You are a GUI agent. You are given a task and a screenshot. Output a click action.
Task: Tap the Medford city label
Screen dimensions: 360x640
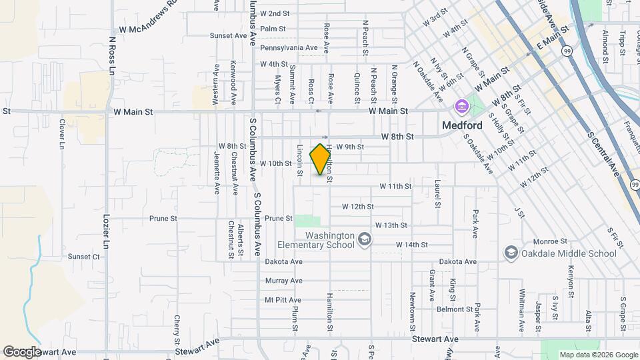462,125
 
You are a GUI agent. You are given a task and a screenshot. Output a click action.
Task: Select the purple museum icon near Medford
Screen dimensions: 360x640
461,107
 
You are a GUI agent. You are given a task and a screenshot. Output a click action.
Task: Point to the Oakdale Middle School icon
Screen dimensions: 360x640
511,253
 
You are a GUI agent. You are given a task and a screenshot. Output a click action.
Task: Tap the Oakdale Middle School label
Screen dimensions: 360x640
567,253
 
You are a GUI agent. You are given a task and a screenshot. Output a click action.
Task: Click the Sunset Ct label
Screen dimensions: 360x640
83,257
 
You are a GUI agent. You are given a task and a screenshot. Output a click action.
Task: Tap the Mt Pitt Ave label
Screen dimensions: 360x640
283,300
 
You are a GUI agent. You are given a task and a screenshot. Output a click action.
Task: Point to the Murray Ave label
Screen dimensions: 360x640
284,281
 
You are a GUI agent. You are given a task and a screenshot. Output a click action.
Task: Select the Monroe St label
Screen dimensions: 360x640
550,241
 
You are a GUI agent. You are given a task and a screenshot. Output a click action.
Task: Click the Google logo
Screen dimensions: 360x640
21,351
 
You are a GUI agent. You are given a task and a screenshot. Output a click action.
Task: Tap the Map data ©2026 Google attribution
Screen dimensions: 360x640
598,355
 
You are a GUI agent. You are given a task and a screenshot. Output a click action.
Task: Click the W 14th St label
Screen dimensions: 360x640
411,245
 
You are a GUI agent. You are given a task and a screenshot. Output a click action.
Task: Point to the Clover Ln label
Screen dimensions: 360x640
61,133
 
